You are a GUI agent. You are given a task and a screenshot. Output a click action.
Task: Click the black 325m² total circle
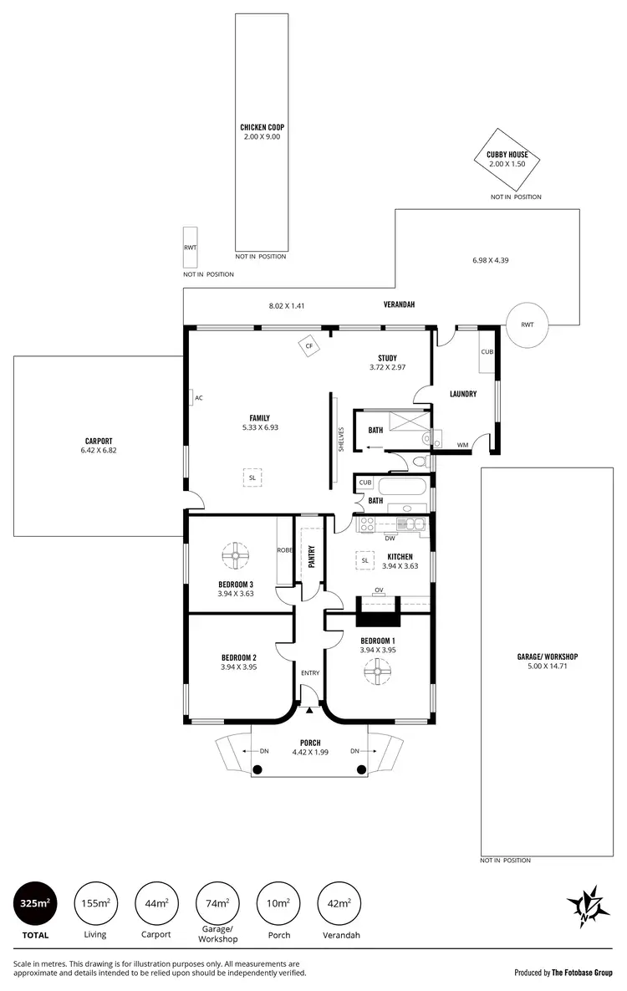pos(38,903)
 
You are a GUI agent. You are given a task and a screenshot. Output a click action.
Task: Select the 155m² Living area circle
pos(95,903)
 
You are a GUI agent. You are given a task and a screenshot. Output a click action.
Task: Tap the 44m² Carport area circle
pos(155,903)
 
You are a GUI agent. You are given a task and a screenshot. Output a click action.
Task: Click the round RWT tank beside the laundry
pos(528,324)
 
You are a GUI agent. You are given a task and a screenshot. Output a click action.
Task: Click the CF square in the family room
pos(308,345)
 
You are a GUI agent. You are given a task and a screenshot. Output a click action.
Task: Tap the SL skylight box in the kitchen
pos(365,560)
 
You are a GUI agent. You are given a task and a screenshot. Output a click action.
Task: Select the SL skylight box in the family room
pos(252,478)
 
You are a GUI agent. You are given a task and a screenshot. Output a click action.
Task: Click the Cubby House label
pos(507,159)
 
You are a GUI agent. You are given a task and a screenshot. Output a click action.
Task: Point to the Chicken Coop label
pos(262,131)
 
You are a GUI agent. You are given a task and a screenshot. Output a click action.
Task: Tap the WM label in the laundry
pos(462,445)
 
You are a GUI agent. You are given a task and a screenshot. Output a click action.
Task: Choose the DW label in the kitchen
pos(390,539)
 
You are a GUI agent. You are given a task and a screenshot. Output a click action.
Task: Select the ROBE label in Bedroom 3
pos(283,549)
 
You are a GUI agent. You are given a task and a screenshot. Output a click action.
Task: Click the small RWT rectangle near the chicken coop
pos(191,248)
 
